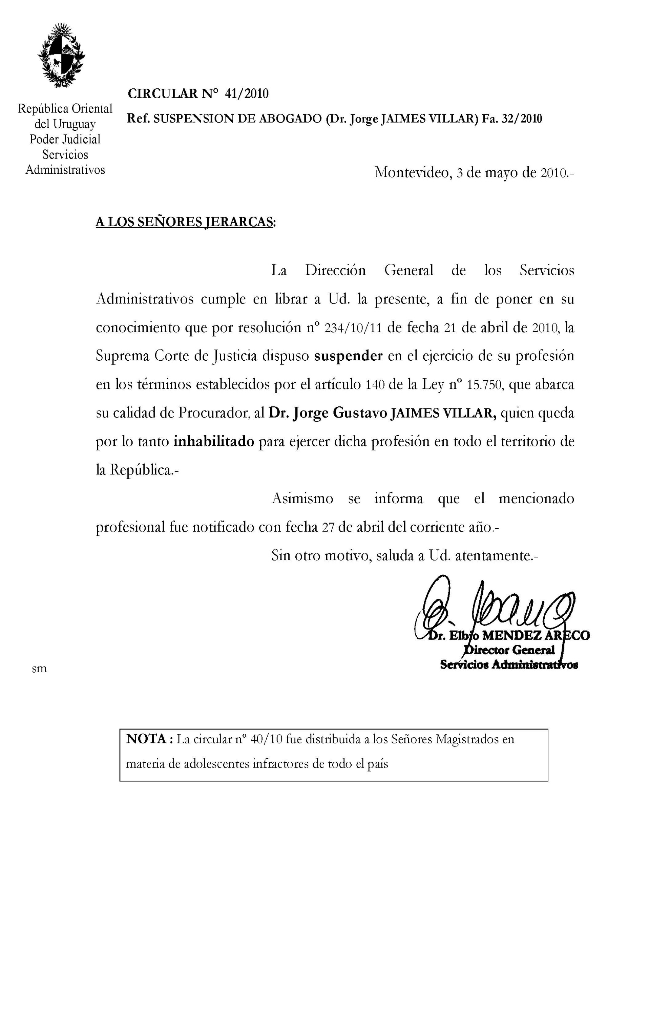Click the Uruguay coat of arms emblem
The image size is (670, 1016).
pyautogui.click(x=62, y=56)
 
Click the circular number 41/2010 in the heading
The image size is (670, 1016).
pyautogui.click(x=247, y=93)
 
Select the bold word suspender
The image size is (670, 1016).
pyautogui.click(x=348, y=356)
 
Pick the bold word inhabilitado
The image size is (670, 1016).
pyautogui.click(x=214, y=441)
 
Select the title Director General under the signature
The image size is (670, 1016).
pyautogui.click(x=509, y=650)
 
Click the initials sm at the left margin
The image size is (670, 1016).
pyautogui.click(x=39, y=669)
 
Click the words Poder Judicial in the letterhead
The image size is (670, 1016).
pyautogui.click(x=65, y=139)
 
